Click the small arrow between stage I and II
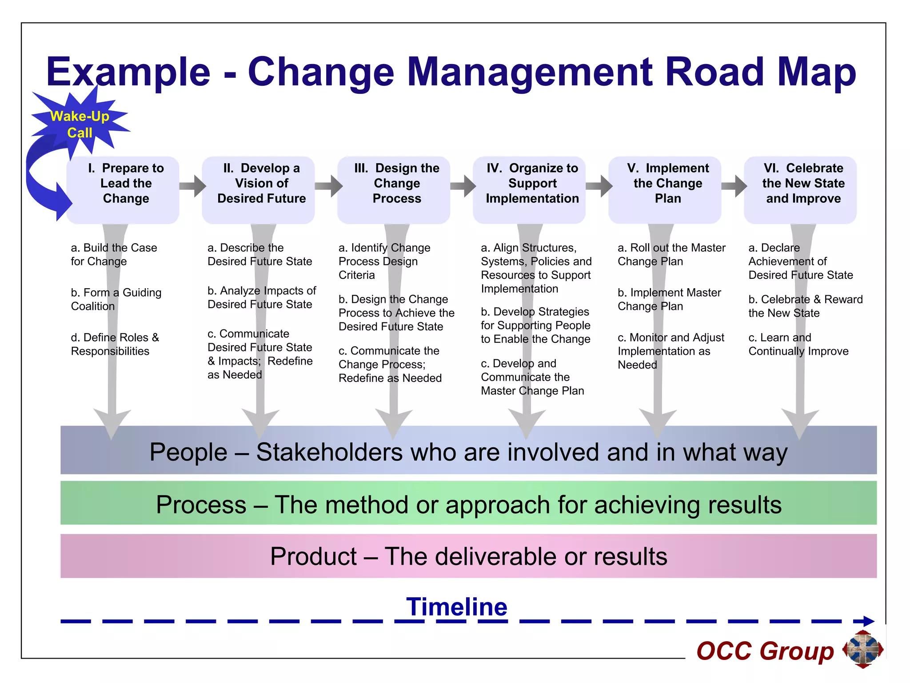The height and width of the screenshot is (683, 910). (193, 186)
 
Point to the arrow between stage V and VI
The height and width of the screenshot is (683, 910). (734, 186)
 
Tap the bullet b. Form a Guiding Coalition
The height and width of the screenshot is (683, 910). (116, 299)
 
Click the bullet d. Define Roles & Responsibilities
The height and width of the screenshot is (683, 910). (115, 344)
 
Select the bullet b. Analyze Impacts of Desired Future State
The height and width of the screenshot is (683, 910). (262, 297)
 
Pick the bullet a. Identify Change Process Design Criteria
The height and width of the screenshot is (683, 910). (384, 261)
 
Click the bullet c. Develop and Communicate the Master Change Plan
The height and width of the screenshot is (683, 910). (532, 377)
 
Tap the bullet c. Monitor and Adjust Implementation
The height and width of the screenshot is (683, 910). (670, 351)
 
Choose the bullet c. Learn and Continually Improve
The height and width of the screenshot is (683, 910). (798, 344)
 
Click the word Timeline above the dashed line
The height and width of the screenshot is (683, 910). (456, 607)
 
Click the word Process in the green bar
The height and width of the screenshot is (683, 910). (201, 505)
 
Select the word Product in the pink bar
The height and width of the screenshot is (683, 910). (313, 556)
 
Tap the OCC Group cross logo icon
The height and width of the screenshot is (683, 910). (862, 649)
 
